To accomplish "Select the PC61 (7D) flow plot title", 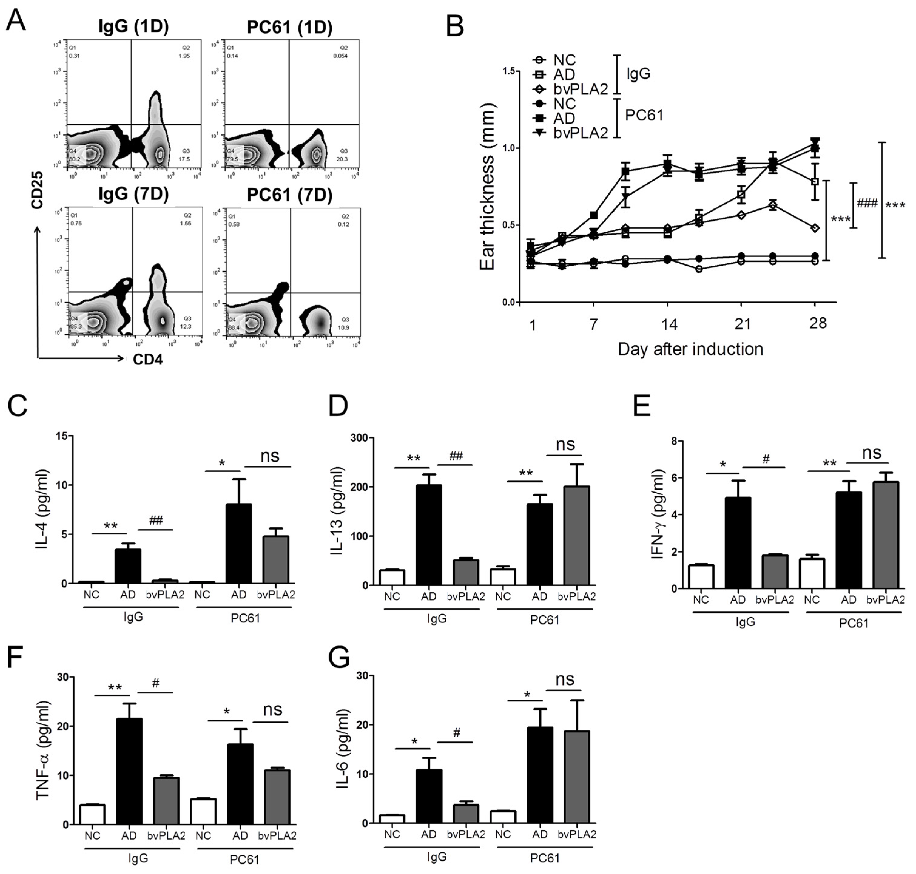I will (289, 195).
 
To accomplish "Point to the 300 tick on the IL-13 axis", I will (359, 438).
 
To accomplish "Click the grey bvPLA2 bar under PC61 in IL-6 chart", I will (577, 777).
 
